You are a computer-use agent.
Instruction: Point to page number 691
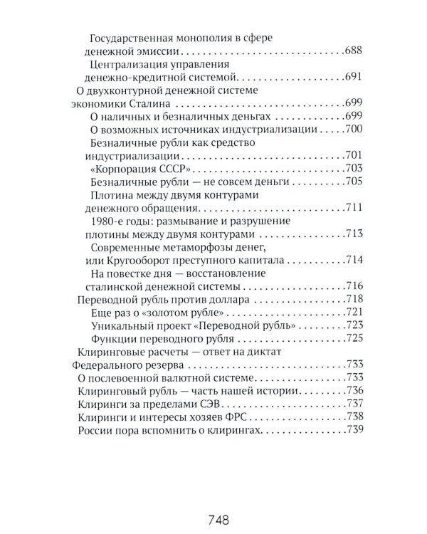click(354, 76)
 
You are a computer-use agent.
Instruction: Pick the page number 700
click(354, 129)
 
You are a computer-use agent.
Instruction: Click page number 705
click(354, 182)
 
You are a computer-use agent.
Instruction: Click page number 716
click(354, 286)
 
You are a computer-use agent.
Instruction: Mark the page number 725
click(354, 338)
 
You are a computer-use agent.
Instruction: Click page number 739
click(354, 430)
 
